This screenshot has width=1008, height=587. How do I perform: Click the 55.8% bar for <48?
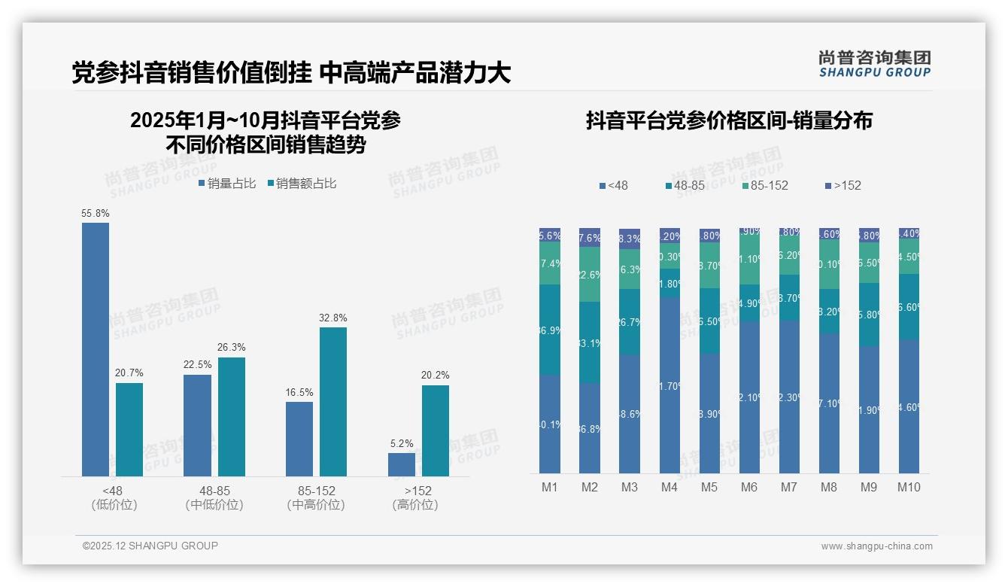pos(96,349)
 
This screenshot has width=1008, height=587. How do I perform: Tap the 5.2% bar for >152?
pos(402,464)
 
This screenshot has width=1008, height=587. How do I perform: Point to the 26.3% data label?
pos(232,348)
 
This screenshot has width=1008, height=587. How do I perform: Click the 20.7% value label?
pos(129,373)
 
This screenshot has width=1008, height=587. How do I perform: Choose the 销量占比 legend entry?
pos(227,183)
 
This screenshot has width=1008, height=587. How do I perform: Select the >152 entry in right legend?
pos(843,185)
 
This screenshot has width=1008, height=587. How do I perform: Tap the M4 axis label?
pos(669,487)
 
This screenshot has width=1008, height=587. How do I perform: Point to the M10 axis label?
pos(909,487)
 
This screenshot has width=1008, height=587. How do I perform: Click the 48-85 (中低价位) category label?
pos(214,497)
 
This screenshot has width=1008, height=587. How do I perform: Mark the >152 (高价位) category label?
pos(415,497)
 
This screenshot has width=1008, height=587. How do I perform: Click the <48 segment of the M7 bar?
pos(789,397)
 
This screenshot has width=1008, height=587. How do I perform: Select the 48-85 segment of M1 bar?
pos(550,330)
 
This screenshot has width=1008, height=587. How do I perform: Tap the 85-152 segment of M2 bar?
pos(590,274)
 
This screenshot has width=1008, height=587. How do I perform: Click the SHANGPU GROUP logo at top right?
pos(874,64)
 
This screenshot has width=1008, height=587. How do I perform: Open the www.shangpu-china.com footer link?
pos(876,546)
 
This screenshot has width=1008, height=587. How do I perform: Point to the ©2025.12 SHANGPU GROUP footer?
pos(150,546)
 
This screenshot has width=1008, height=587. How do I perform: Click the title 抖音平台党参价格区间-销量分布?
pos(729,120)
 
